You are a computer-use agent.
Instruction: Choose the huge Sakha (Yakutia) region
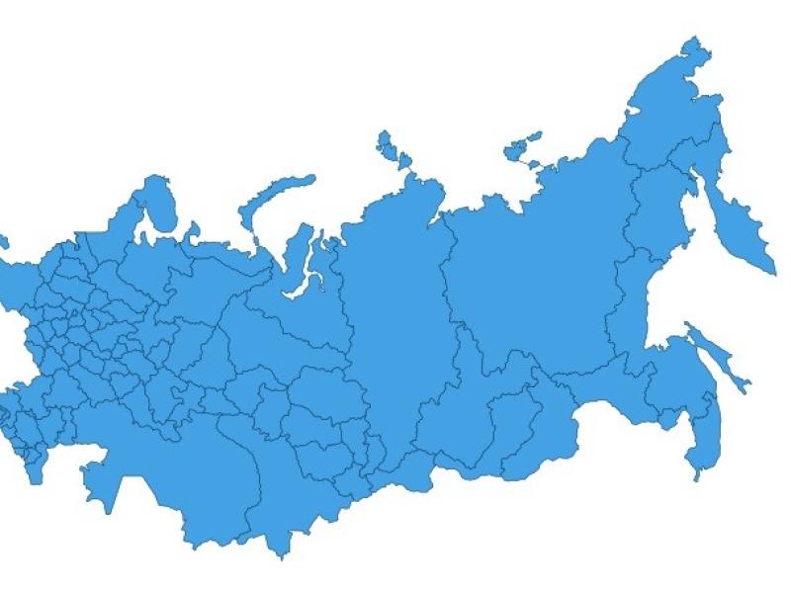point(534,267)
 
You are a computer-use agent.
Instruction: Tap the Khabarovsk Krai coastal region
point(633,326)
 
